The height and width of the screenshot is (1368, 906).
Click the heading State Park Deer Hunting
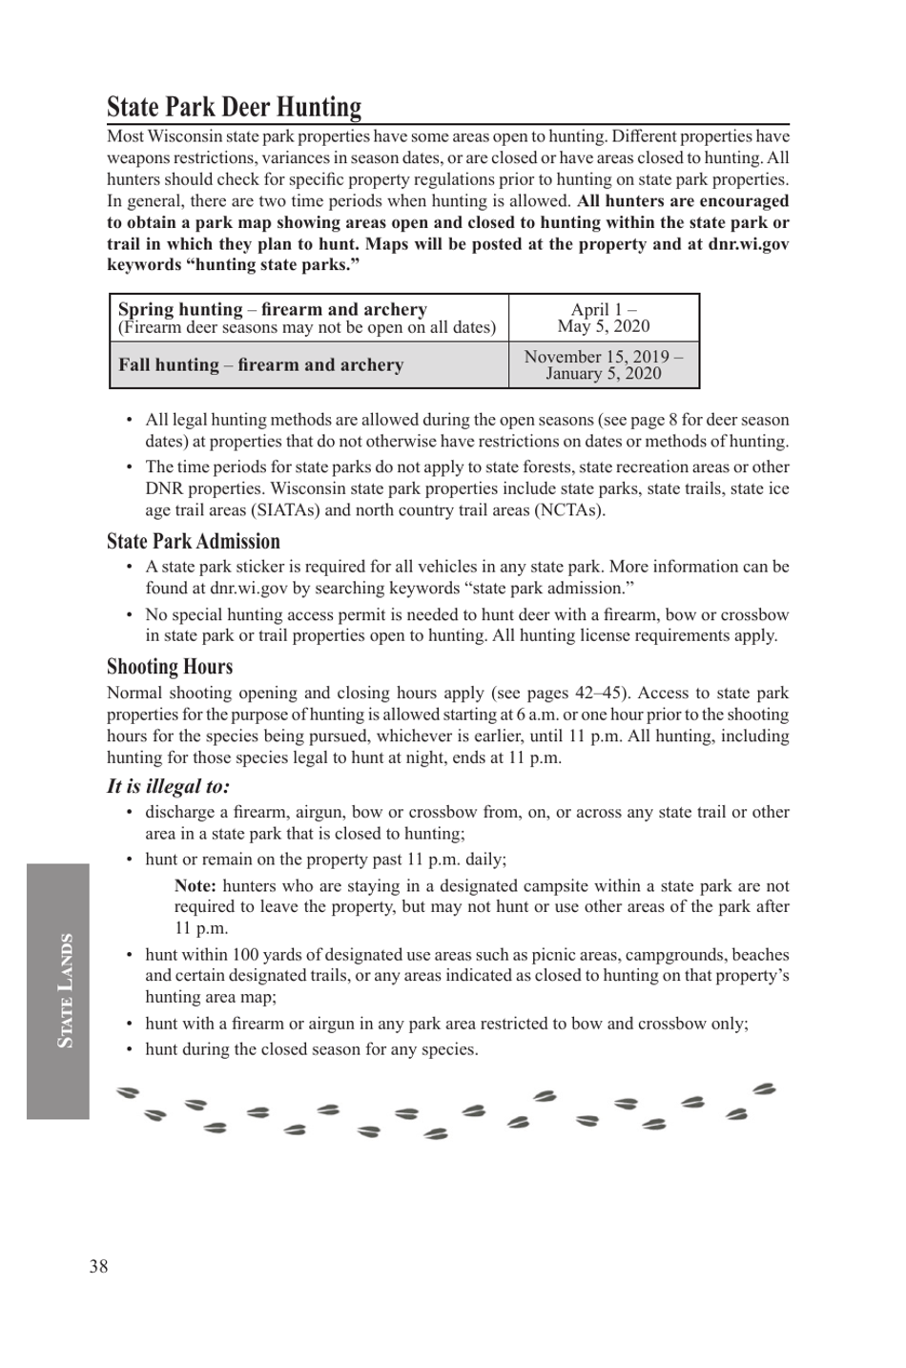coord(234,107)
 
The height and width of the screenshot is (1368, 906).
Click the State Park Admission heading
coord(193,542)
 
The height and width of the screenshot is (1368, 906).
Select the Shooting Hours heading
coord(169,667)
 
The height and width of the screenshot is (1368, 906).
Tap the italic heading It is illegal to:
coord(168,786)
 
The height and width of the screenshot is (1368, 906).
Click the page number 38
coord(98,1266)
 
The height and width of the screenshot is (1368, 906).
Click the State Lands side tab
coord(59,990)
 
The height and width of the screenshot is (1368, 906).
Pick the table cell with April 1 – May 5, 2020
coord(604,318)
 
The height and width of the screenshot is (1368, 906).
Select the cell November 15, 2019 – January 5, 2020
coord(604,364)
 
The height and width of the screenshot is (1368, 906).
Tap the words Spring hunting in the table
coord(179,309)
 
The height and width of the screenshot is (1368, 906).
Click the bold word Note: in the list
coord(195,885)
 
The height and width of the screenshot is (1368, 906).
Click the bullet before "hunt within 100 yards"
coord(130,955)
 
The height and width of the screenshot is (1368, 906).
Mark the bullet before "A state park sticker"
coord(130,567)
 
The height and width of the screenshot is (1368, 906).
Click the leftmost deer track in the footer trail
coord(127,1092)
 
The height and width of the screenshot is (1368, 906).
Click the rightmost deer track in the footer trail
coord(764,1089)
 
